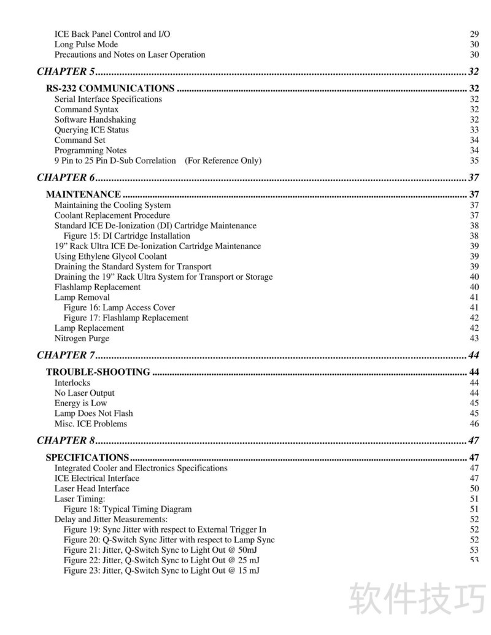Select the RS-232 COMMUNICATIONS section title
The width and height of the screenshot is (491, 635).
(x=110, y=88)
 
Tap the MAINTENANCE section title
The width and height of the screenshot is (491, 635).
(x=83, y=194)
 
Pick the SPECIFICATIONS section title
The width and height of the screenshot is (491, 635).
(x=87, y=457)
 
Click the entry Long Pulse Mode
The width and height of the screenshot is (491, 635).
(x=86, y=44)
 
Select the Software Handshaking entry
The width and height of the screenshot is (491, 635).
(x=95, y=120)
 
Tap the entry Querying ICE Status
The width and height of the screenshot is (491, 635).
(x=91, y=130)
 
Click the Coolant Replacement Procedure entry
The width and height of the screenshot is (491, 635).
(x=112, y=215)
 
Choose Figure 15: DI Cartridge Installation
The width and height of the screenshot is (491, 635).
(x=127, y=236)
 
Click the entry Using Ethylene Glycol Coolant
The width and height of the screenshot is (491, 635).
(x=110, y=256)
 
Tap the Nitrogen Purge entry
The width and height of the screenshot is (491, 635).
(x=82, y=338)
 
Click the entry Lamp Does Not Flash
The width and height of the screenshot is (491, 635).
(x=93, y=414)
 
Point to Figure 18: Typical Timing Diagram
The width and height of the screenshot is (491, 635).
(x=128, y=509)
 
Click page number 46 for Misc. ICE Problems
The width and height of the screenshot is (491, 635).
(x=474, y=424)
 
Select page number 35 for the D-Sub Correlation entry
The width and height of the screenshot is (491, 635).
(x=474, y=161)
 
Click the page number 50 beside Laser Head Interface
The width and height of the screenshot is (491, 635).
(x=474, y=488)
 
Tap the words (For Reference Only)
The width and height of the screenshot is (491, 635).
(x=223, y=161)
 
